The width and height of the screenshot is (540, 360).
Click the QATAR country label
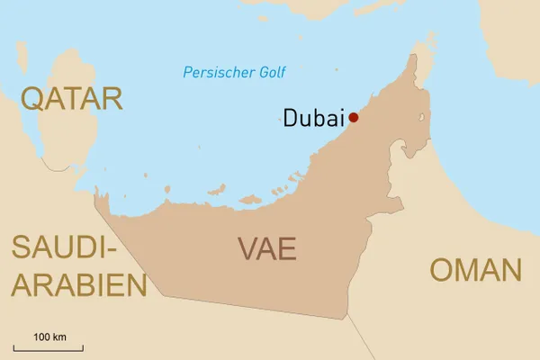point(72,98)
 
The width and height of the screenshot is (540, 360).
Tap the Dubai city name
point(314,118)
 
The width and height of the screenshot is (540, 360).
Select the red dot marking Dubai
point(354,117)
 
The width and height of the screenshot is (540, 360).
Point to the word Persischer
point(212,73)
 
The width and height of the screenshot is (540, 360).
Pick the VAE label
point(267,248)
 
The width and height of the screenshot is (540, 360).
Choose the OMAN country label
point(476,269)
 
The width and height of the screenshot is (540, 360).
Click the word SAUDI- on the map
point(60,247)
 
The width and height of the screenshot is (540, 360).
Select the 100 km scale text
point(50,337)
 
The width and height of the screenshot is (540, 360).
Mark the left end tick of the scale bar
point(13,346)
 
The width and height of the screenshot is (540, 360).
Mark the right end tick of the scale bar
point(83,346)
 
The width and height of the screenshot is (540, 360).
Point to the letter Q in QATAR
point(33,98)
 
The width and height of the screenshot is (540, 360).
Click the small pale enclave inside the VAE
point(423,118)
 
